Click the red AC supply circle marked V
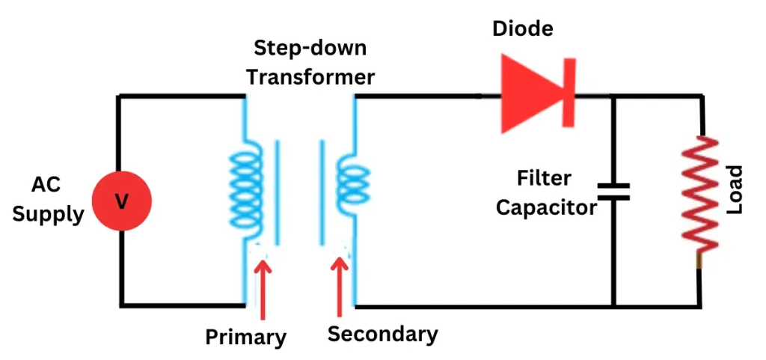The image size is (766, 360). [121, 201]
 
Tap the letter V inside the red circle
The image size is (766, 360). [121, 201]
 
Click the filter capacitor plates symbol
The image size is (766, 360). [613, 192]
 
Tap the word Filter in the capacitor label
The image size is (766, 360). [544, 178]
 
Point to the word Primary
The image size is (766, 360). [245, 337]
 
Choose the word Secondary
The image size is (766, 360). [382, 333]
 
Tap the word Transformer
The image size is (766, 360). [310, 76]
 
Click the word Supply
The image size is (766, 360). [48, 215]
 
